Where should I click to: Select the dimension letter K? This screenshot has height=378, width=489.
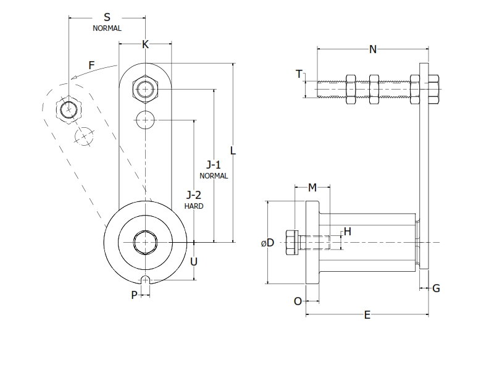point(145,44)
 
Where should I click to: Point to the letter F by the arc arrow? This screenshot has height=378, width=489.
point(91,64)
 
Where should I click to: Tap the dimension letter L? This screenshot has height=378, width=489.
point(233,150)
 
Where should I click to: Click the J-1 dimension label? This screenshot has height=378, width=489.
point(214,165)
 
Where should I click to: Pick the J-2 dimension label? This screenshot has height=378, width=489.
point(194,196)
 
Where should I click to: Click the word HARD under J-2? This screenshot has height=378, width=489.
point(194,206)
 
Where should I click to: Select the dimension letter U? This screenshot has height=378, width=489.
point(194,261)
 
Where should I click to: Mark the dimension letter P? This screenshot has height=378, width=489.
point(134,295)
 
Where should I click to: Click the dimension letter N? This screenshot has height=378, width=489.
point(373,49)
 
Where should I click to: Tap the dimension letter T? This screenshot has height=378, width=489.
point(299,74)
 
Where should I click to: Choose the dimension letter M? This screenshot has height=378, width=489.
point(312,187)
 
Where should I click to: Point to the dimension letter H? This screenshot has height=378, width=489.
point(347,232)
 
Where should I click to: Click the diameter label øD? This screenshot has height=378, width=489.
point(267,243)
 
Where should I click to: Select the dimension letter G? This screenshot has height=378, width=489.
point(436,288)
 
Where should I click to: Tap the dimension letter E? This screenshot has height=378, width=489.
point(367,315)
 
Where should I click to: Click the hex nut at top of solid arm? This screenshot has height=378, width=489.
point(145,90)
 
